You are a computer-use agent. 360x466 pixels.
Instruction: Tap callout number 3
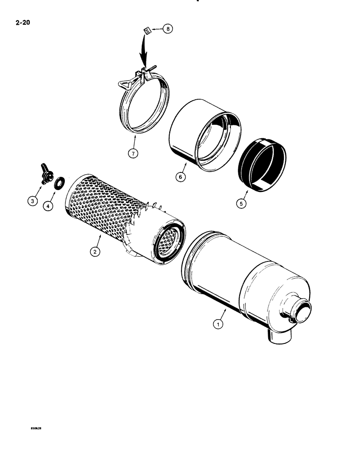(x=33, y=201)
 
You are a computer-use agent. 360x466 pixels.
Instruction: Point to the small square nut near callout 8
(x=146, y=31)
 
